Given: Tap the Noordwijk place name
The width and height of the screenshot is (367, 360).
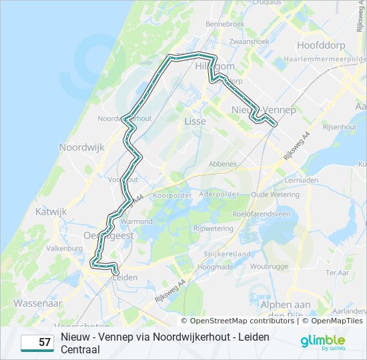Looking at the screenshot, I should pyautogui.click(x=82, y=147).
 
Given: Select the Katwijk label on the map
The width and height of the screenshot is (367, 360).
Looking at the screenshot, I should pyautogui.click(x=51, y=211).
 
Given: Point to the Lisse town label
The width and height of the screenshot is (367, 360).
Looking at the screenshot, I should pyautogui.click(x=195, y=121).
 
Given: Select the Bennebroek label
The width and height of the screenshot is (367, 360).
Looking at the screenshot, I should pyautogui.click(x=226, y=24).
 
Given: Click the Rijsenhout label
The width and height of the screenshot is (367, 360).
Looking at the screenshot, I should pyautogui.click(x=339, y=127).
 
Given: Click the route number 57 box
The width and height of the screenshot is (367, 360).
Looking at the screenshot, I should pyautogui.click(x=37, y=343).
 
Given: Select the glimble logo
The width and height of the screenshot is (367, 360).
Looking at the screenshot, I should pyautogui.click(x=322, y=341).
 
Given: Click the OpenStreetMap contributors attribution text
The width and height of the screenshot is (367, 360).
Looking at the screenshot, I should pyautogui.click(x=237, y=321).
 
